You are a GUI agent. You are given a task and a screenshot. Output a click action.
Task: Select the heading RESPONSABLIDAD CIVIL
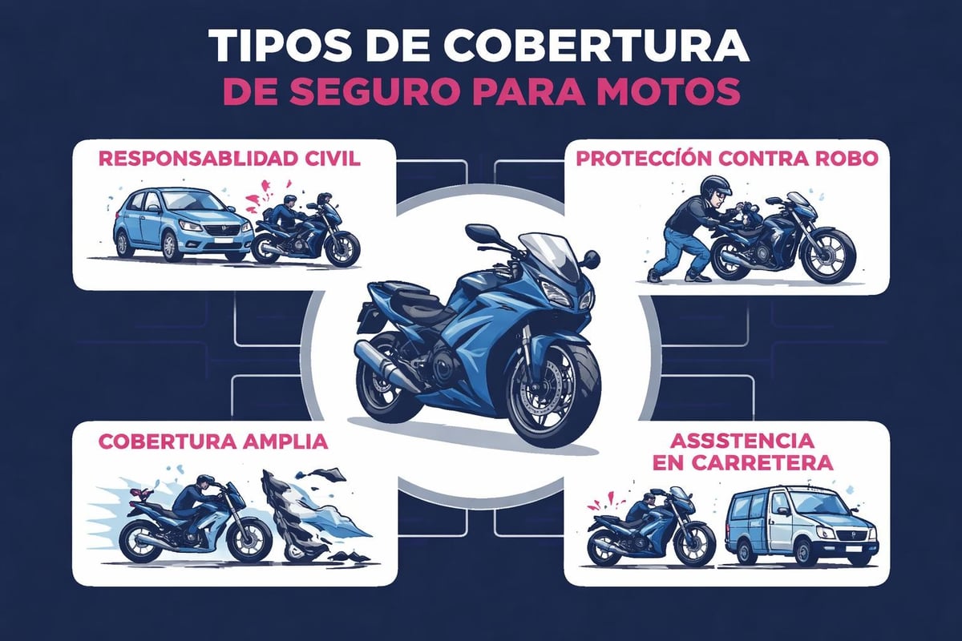coord(229,159)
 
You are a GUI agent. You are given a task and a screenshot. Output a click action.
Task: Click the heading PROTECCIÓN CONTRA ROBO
coord(727,159)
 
